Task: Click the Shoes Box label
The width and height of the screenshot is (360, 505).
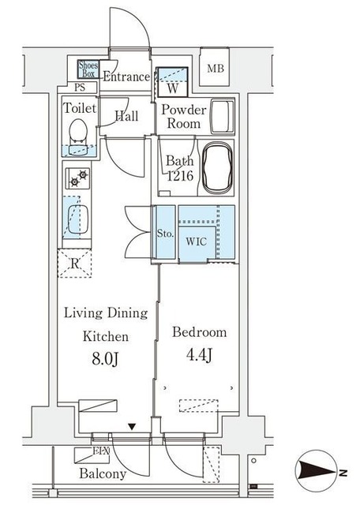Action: coord(88,69)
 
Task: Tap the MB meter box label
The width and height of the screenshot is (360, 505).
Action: coord(216,69)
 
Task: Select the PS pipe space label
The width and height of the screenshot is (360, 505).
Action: coord(80,88)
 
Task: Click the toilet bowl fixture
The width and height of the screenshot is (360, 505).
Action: coord(78,131)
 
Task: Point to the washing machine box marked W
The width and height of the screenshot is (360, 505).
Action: coord(172,81)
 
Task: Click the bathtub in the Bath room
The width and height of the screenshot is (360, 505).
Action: coord(216,167)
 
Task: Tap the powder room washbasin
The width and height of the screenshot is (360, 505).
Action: coord(222,116)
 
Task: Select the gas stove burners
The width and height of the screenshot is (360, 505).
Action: coord(78,178)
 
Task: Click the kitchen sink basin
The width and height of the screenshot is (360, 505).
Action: coord(78,219)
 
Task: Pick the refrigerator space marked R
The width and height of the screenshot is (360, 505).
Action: coord(74,263)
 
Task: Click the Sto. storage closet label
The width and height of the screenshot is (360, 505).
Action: coord(165,234)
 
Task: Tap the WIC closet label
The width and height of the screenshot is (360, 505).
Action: coord(197,241)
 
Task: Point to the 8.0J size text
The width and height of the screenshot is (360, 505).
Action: coord(105,358)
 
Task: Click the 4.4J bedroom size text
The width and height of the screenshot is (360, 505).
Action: coord(199,355)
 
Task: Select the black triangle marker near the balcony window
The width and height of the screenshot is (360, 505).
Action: coord(132,427)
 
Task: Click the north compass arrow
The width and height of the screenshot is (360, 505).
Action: coord(317,473)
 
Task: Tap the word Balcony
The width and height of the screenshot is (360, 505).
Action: coord(103,473)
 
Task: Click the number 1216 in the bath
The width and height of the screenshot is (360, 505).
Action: coord(180,176)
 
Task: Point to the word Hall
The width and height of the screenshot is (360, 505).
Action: coord(126,116)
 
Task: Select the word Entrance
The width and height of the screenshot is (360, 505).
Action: coord(126,77)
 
